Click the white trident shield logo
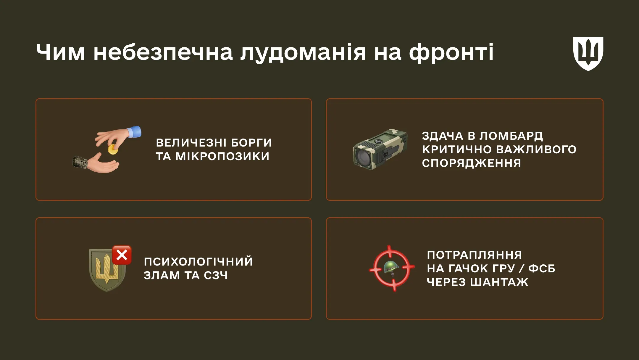588,53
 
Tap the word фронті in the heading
451,52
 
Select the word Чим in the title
61,52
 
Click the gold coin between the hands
112,150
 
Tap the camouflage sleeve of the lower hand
80,162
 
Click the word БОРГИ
251,143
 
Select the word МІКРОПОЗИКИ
222,156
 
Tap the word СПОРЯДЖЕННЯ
471,163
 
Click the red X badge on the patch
122,255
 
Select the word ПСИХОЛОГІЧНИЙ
198,262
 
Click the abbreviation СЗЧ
216,276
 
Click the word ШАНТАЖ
499,282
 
